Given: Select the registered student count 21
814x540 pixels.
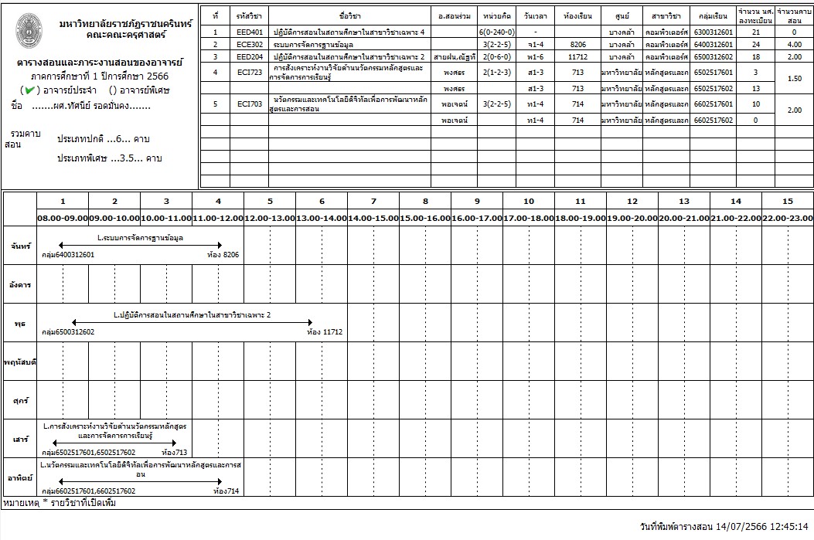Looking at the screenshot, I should tap(756, 32).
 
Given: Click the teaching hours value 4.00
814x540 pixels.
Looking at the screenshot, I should tap(794, 45).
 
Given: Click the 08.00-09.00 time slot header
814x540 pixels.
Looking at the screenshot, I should tap(63, 218).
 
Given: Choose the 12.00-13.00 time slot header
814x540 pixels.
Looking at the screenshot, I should tap(270, 218).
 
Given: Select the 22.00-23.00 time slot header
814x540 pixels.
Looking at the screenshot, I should tap(788, 218).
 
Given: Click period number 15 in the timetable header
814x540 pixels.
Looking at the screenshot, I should tap(788, 202).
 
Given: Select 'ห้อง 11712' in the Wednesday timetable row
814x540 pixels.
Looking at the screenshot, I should tap(325, 331).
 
